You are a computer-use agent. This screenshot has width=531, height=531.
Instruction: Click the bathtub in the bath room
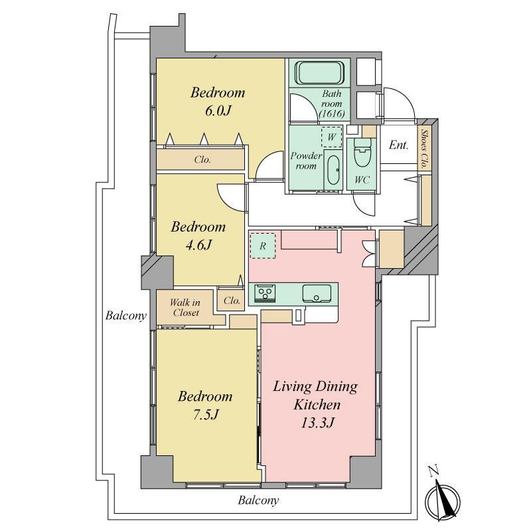tap(320, 73)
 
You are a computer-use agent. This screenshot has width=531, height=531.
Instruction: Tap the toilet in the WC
tap(362, 153)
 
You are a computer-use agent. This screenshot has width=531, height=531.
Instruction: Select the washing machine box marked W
tap(331, 137)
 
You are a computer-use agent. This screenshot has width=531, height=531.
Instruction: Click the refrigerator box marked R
tap(262, 246)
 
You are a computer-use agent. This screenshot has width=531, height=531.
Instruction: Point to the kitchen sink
tap(317, 293)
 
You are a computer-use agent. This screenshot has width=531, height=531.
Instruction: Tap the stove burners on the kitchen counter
tap(265, 293)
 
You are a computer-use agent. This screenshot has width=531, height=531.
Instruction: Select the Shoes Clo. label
tap(423, 148)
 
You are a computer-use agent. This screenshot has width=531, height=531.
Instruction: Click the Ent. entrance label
tap(398, 145)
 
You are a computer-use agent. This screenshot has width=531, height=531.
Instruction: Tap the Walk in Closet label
tap(185, 307)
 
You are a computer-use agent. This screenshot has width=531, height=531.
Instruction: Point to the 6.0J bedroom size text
tap(218, 111)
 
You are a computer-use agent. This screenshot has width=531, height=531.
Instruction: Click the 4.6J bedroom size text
tap(198, 244)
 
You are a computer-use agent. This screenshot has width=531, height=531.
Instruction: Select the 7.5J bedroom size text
tap(206, 414)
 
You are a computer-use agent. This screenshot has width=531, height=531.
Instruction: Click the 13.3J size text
tap(318, 422)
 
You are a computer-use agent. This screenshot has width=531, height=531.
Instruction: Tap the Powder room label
tap(306, 161)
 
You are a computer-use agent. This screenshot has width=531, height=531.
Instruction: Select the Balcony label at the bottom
tap(258, 500)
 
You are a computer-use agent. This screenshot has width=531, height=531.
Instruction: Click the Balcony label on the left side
tap(126, 316)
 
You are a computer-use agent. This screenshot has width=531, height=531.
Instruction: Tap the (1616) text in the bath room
tap(332, 114)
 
